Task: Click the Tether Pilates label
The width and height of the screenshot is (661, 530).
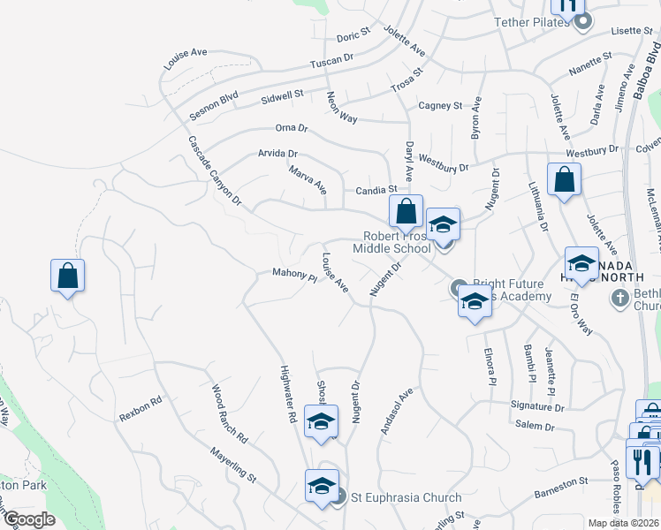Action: coord(532,22)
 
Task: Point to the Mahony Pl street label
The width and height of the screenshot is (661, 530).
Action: coord(294,276)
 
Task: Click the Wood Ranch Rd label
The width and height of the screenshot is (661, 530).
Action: coord(229,413)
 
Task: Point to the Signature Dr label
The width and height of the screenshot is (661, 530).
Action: coord(536,407)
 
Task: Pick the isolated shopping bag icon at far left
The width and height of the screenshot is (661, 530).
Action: coord(68,276)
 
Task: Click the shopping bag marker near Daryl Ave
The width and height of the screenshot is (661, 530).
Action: coord(406,212)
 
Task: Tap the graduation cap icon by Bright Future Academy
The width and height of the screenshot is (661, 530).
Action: coord(475,301)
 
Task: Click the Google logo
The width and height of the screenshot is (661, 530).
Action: coord(29,519)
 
